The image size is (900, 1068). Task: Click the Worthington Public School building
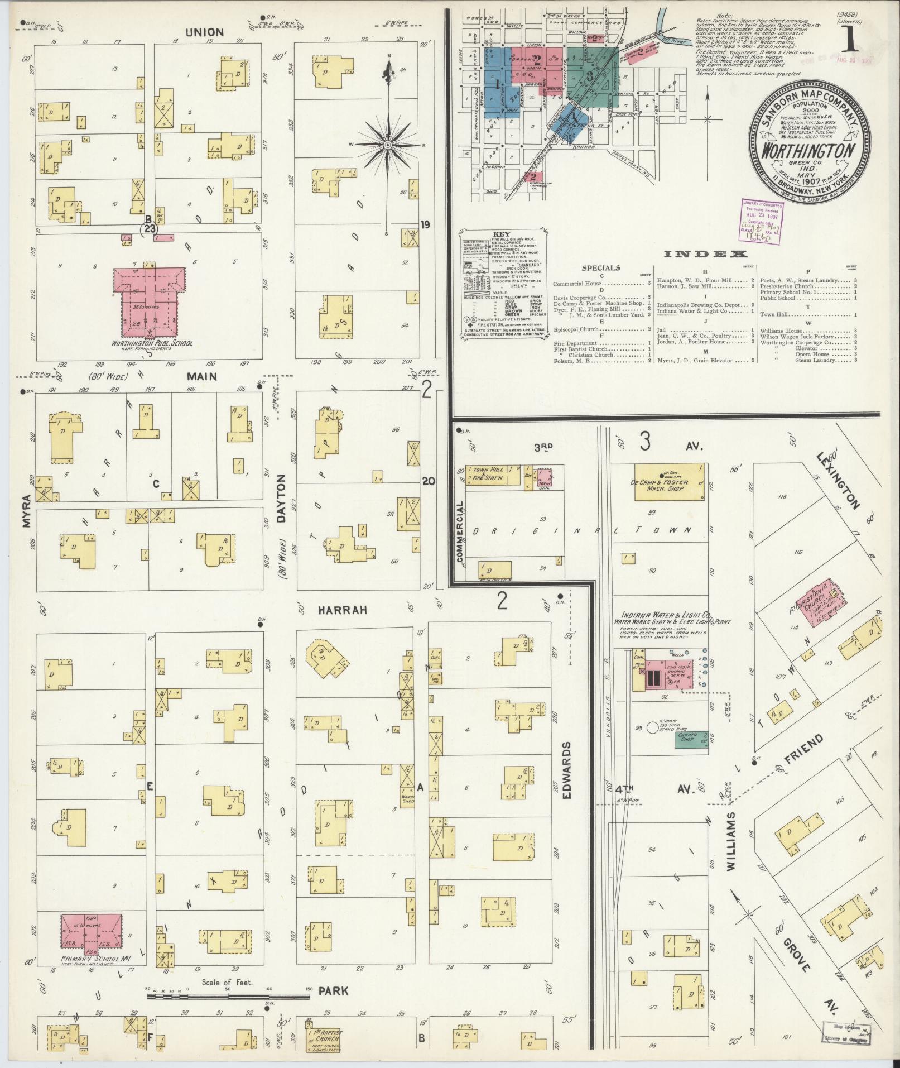point(148,301)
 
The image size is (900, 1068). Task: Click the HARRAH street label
point(343,611)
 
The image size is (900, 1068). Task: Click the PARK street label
point(334,991)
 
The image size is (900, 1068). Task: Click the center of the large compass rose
point(387,145)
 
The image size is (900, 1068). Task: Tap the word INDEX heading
point(705,255)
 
